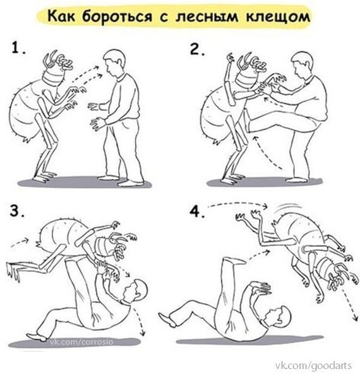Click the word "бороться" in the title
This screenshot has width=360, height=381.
point(117,17)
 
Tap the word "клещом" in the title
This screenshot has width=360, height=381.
point(278,17)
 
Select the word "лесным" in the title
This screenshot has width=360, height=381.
point(207,17)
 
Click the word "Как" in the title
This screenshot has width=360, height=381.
point(61,16)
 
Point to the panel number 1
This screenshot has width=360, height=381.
point(18,48)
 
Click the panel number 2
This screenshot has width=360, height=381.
point(197,50)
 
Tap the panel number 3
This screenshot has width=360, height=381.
point(17,211)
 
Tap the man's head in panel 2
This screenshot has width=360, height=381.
point(303,65)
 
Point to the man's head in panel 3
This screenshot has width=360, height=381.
point(135,291)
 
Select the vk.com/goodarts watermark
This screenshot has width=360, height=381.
point(313,365)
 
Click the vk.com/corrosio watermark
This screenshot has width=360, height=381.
point(81,342)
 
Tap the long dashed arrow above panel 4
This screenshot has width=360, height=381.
point(238,204)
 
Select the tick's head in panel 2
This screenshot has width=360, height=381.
point(251,71)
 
